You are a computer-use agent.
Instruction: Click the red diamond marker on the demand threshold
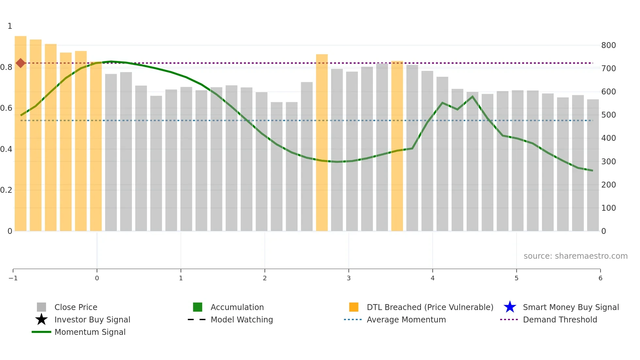[21, 63]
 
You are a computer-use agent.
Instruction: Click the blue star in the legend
[510, 307]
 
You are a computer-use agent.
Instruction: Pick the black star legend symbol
[41, 319]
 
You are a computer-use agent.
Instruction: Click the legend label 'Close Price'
[76, 307]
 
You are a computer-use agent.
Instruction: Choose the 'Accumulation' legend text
[237, 307]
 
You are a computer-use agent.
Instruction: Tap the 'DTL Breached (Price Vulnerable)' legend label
[430, 307]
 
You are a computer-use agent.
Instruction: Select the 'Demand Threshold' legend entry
[560, 319]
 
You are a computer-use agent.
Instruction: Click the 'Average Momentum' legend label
[406, 319]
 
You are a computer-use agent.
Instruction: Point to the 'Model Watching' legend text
[242, 319]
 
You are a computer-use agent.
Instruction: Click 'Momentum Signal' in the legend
[90, 332]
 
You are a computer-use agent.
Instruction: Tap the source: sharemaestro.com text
[575, 256]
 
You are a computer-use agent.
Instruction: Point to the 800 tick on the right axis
[608, 45]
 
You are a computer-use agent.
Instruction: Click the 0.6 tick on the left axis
[6, 108]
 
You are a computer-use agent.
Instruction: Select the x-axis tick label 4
[432, 278]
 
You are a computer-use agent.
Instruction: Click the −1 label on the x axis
[13, 278]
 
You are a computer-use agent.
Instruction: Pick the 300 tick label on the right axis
[608, 162]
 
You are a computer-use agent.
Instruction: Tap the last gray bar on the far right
[593, 165]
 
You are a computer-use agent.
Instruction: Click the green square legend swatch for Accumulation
[198, 307]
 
